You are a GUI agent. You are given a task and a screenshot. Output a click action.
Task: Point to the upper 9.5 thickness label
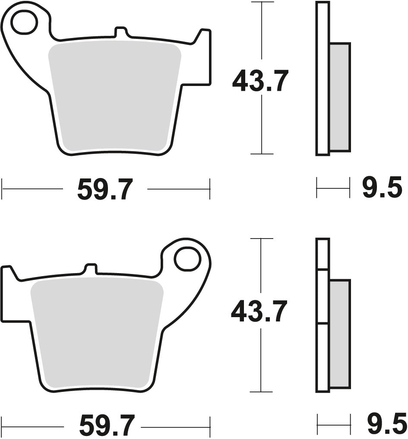pyautogui.click(x=383, y=189)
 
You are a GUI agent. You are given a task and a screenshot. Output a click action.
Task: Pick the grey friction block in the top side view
pyautogui.click(x=340, y=97)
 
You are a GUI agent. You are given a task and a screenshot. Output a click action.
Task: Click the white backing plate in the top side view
pyautogui.click(x=322, y=78)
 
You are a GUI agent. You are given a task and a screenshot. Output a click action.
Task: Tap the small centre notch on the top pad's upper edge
pyautogui.click(x=121, y=33)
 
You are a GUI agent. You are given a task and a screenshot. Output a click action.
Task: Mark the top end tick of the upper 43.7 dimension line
pyautogui.click(x=262, y=2)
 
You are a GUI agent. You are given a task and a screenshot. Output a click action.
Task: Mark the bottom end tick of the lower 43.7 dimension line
pyautogui.click(x=261, y=392)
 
